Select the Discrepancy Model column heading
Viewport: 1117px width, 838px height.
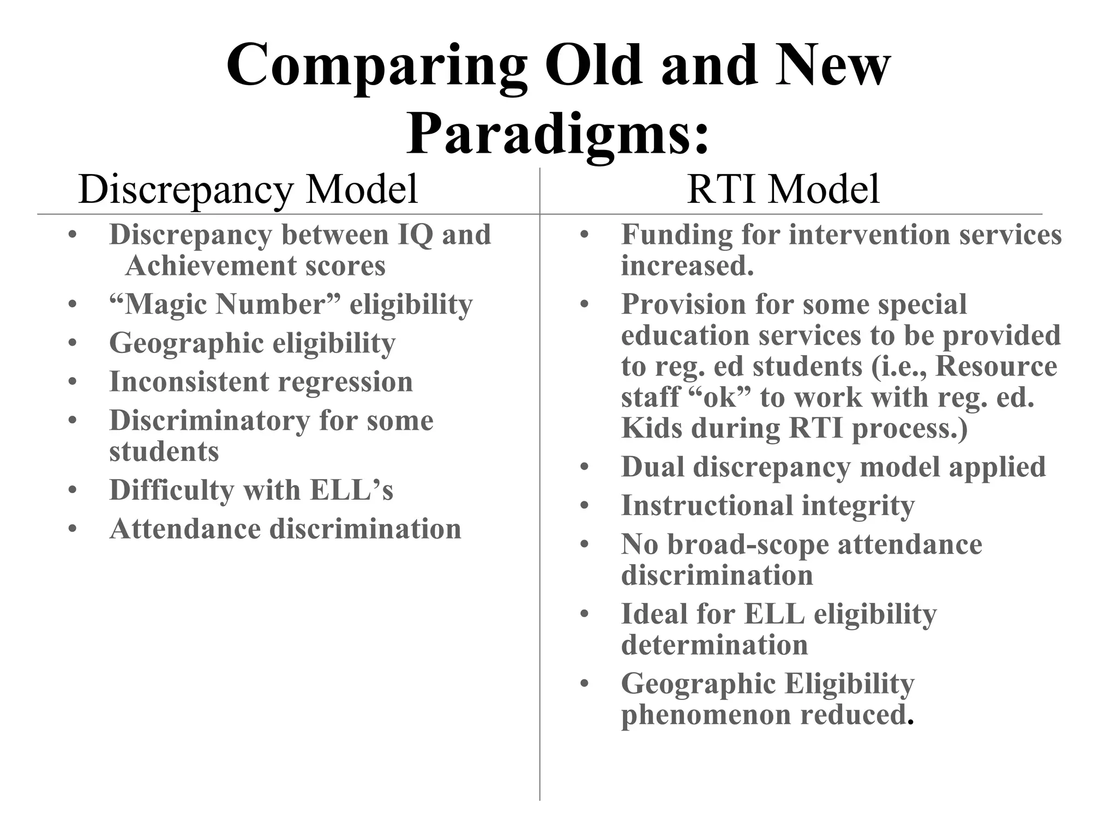248,189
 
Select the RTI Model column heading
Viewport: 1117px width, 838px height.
783,189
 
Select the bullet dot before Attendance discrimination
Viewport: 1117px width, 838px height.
73,530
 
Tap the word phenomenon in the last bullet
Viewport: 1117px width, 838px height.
706,715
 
